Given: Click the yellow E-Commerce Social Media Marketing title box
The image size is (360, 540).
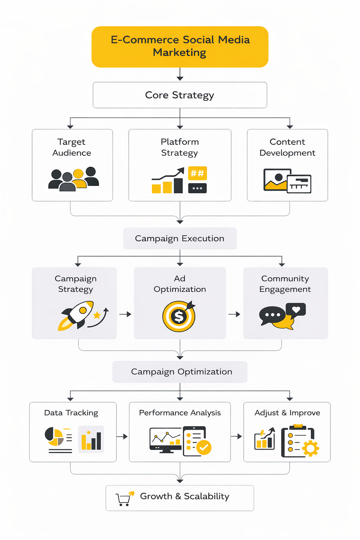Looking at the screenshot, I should pyautogui.click(x=180, y=46).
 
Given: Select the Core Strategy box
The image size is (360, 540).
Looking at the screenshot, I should pyautogui.click(x=180, y=95).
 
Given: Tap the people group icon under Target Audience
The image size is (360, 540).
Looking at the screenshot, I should pyautogui.click(x=73, y=179).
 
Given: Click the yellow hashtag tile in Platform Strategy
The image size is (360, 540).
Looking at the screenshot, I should pyautogui.click(x=197, y=173).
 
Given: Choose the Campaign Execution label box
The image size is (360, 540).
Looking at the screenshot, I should pyautogui.click(x=180, y=238).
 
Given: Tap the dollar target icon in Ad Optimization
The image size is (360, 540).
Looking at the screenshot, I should pyautogui.click(x=179, y=316).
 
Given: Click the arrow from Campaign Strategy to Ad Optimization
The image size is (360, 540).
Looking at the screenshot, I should pyautogui.click(x=125, y=314).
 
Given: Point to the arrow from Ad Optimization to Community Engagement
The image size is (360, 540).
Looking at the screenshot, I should pyautogui.click(x=234, y=314).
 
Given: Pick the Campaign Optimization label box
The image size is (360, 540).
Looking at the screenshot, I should pyautogui.click(x=180, y=372).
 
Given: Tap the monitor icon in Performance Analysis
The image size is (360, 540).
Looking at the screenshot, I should pyautogui.click(x=165, y=439).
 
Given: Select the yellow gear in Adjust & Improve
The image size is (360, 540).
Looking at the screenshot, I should pyautogui.click(x=310, y=448).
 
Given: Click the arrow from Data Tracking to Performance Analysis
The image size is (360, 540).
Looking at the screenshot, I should pyautogui.click(x=122, y=437).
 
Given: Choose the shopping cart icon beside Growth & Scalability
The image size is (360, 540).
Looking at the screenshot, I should pyautogui.click(x=124, y=499).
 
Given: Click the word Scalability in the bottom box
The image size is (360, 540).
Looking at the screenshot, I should pyautogui.click(x=206, y=496).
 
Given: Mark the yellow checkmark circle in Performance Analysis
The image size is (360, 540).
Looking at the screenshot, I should pyautogui.click(x=204, y=448).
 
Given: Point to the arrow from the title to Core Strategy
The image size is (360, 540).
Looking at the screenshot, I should pyautogui.click(x=180, y=74).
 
